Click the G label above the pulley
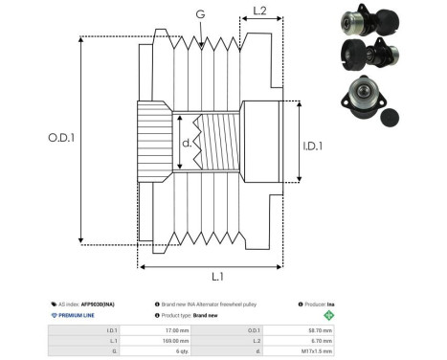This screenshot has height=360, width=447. click(x=200, y=14)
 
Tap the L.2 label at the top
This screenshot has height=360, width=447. click(x=257, y=11)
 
